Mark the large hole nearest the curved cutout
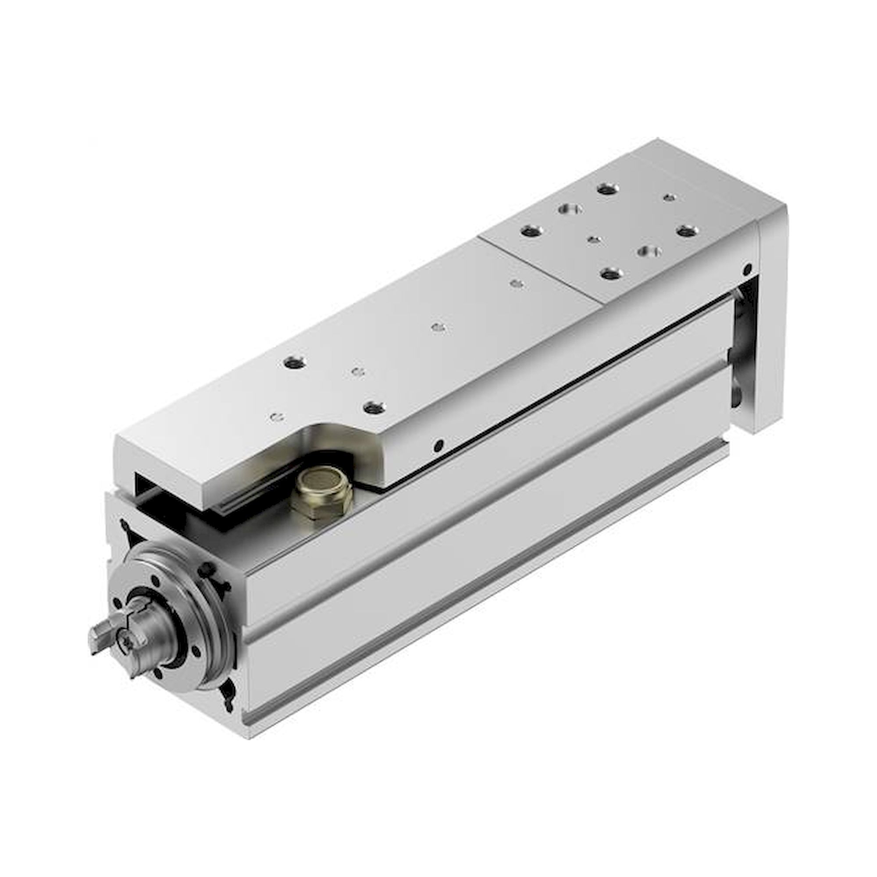(374, 407)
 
